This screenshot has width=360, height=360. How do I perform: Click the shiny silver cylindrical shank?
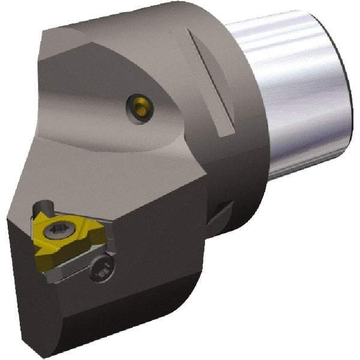coord(288,90)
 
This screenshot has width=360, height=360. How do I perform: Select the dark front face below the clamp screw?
coord(120,306)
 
